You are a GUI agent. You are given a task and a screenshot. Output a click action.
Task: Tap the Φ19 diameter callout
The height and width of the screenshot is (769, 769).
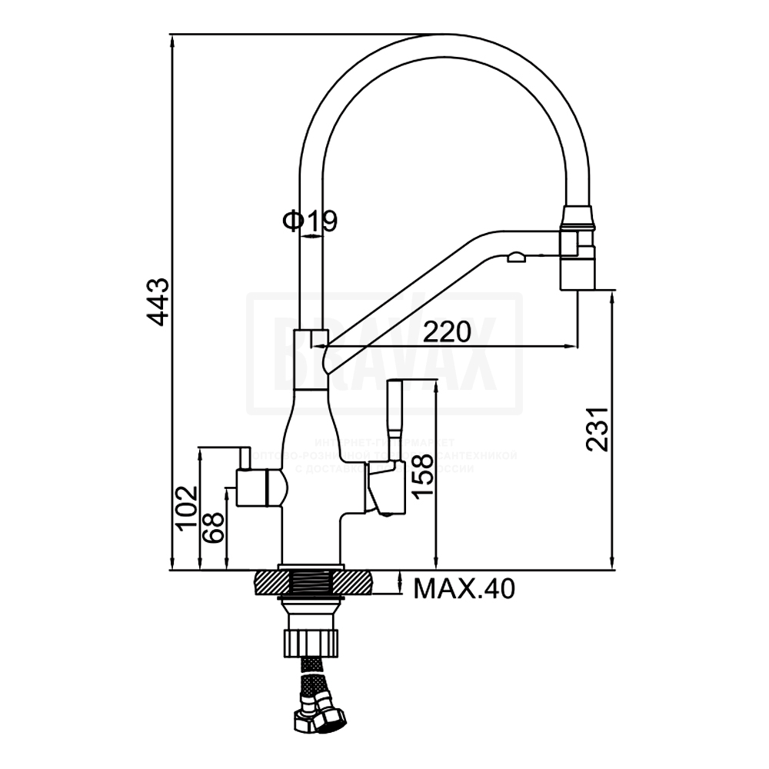[x=311, y=221]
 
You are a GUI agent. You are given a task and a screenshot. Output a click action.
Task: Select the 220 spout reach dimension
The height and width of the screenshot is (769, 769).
[x=447, y=332]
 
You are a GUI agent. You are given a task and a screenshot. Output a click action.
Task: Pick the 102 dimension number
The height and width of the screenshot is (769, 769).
[x=186, y=506]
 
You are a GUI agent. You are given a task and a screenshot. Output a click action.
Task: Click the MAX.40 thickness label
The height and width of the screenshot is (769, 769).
[x=464, y=589]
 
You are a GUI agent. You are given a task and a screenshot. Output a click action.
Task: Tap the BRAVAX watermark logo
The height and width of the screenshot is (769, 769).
[x=384, y=354]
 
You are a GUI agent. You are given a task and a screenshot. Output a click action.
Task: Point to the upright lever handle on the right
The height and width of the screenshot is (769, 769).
[x=397, y=415]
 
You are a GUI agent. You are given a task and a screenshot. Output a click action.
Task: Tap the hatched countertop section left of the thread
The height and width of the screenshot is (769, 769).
[x=266, y=583]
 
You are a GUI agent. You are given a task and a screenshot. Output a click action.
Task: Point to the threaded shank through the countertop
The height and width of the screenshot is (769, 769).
[x=311, y=583]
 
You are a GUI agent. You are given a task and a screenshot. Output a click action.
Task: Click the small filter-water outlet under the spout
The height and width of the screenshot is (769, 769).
[x=516, y=257]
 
